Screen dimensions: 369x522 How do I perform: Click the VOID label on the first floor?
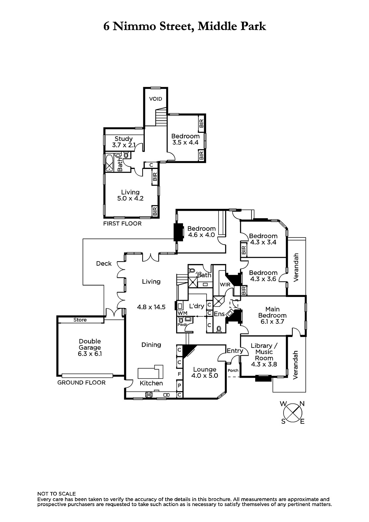click(x=156, y=99)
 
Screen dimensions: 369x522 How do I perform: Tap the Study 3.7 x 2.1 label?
click(x=124, y=142)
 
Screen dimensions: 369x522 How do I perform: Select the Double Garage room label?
click(x=90, y=347)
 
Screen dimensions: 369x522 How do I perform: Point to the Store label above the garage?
click(x=80, y=320)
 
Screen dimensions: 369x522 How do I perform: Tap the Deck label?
click(x=104, y=264)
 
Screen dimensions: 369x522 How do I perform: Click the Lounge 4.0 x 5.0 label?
click(x=205, y=372)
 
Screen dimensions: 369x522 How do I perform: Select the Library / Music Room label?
click(x=264, y=355)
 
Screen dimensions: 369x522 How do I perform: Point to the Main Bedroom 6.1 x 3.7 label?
click(x=272, y=315)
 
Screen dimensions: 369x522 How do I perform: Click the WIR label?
click(x=225, y=284)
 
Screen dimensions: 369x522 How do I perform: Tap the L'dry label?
click(x=197, y=306)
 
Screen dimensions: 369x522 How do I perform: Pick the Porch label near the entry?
click(x=233, y=370)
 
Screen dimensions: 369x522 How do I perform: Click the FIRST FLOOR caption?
click(x=122, y=224)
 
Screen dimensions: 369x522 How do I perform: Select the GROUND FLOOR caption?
click(x=81, y=383)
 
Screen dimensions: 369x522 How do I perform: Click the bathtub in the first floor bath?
click(x=109, y=163)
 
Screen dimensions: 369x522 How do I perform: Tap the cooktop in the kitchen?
click(x=149, y=394)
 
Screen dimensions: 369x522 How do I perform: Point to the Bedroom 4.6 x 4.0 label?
click(x=201, y=232)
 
